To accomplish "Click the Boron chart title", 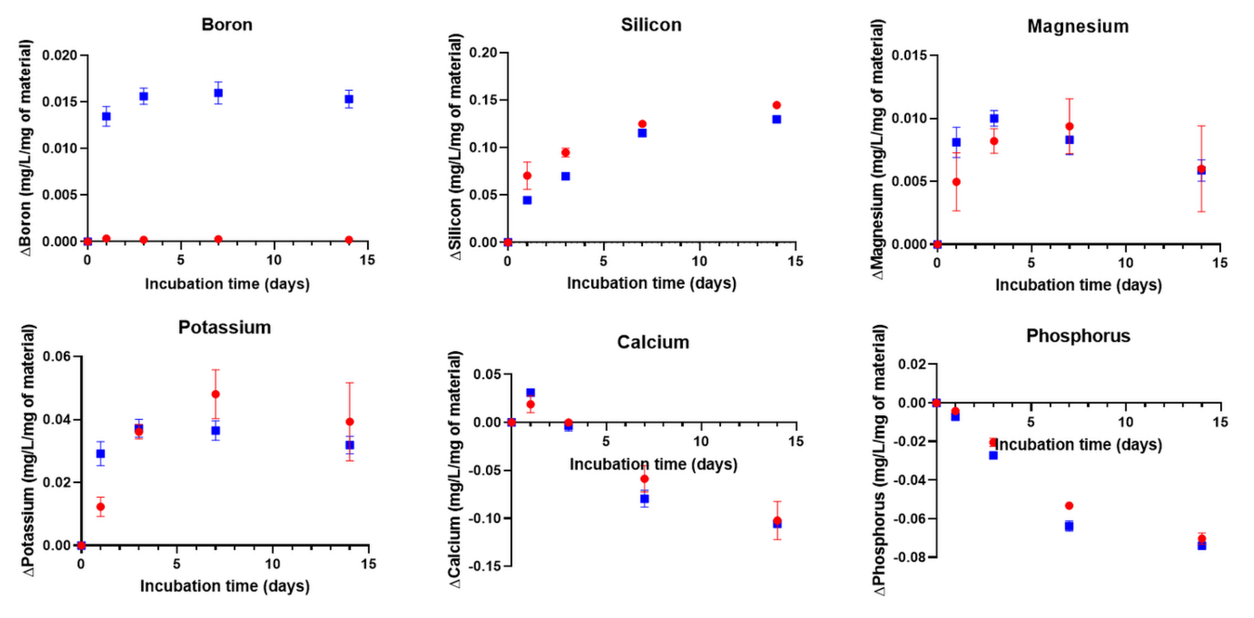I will pos(227,25).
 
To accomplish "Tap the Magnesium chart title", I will pos(1078,26).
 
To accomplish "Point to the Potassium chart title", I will pos(224,327).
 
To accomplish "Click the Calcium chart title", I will pos(653,342).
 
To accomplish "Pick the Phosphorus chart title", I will pos(1078,336).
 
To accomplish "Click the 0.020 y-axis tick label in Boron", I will pos(60,55).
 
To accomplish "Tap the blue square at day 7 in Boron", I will pos(218,93).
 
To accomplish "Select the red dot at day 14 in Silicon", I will pos(777,105).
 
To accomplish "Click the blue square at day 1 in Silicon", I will pos(527,200).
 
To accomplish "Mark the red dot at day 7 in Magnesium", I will pos(1069,127).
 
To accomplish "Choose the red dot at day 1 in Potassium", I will pos(100,507).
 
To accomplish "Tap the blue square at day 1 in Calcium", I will pos(530,392).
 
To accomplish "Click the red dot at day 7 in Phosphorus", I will pos(1069,506).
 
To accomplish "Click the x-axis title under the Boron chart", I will pos(227,284).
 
